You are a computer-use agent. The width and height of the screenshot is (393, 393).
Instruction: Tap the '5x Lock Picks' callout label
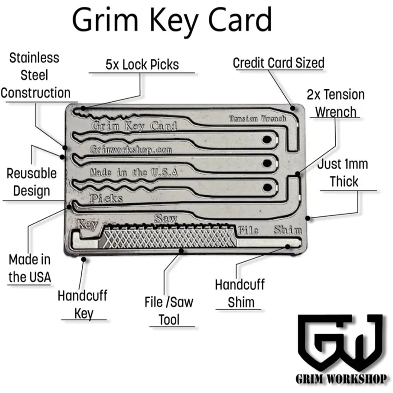[142, 65]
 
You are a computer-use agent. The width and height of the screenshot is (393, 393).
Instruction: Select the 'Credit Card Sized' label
[278, 63]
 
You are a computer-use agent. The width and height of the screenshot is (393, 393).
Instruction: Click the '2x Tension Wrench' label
[336, 103]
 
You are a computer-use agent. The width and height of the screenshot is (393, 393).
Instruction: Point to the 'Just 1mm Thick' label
[343, 173]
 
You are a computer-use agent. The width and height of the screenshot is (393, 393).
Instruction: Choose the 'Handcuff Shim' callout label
[240, 293]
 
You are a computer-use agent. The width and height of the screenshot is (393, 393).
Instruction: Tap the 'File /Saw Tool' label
[169, 311]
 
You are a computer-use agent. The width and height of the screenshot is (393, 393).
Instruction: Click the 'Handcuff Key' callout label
[83, 304]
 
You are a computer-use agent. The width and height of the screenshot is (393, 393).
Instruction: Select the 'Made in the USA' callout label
[30, 268]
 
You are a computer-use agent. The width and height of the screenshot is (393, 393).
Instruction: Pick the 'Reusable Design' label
[31, 182]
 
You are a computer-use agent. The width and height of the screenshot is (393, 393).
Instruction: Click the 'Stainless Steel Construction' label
[35, 75]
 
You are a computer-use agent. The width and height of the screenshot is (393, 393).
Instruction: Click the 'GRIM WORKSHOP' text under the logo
[341, 379]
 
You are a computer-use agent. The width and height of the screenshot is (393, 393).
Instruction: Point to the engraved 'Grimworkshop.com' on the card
[131, 150]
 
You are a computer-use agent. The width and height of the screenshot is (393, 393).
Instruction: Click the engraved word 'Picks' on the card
[106, 198]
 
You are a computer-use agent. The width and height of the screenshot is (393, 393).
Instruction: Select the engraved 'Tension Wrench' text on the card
[258, 118]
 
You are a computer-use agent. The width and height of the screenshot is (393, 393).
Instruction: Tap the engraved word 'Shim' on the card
[288, 230]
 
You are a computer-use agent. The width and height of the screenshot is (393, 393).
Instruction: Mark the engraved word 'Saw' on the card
[166, 219]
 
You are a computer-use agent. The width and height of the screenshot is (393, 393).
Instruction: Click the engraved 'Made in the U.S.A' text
[134, 172]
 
